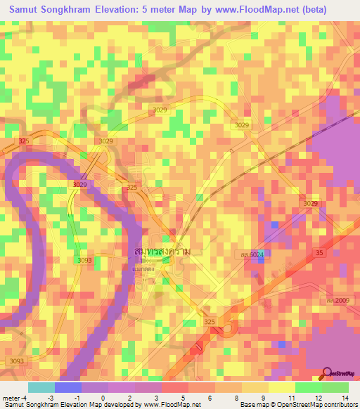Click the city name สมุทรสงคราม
pos(162,251)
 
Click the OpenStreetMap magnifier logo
pos(328,373)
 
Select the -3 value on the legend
pos(51,378)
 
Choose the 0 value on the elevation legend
pos(103,378)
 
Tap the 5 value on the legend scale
pos(184,378)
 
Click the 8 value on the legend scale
pos(236,378)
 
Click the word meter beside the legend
pos(13,378)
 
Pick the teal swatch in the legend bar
pos(41,387)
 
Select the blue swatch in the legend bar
pos(68,387)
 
